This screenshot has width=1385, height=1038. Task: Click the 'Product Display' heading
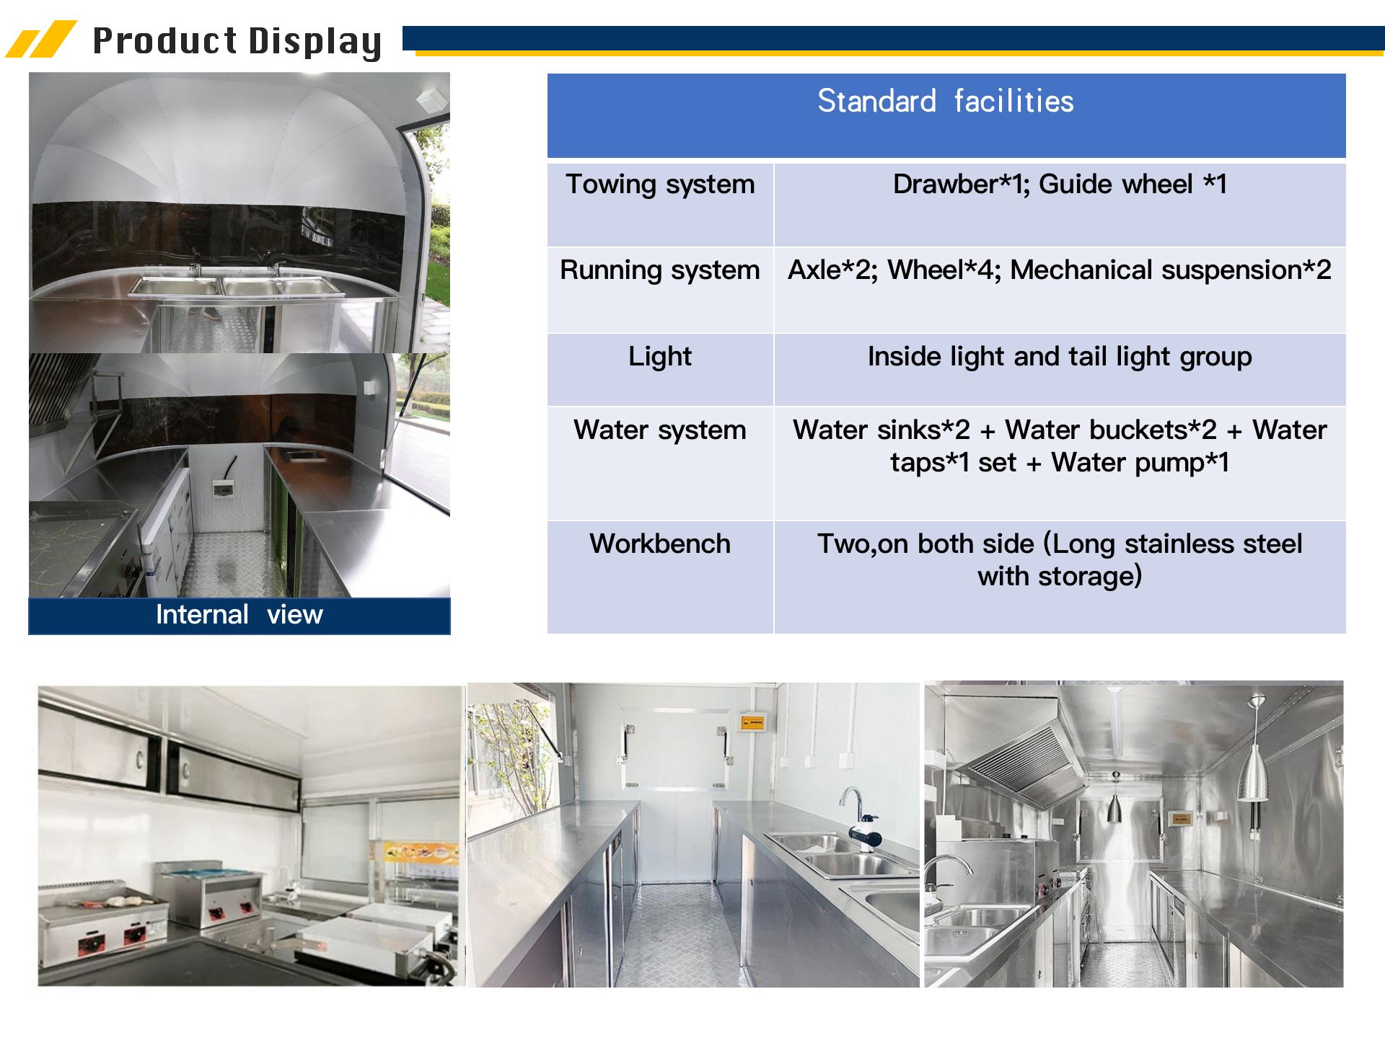click(x=237, y=41)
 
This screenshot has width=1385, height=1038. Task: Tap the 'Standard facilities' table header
click(x=946, y=102)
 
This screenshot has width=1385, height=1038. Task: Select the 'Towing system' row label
click(x=660, y=185)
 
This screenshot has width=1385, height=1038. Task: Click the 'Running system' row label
click(x=660, y=270)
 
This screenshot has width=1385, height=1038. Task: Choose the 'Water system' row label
click(x=660, y=430)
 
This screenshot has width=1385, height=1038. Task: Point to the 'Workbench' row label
click(x=660, y=544)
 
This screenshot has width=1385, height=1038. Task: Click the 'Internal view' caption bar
click(x=239, y=616)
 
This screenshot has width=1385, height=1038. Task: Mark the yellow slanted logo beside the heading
click(x=41, y=40)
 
